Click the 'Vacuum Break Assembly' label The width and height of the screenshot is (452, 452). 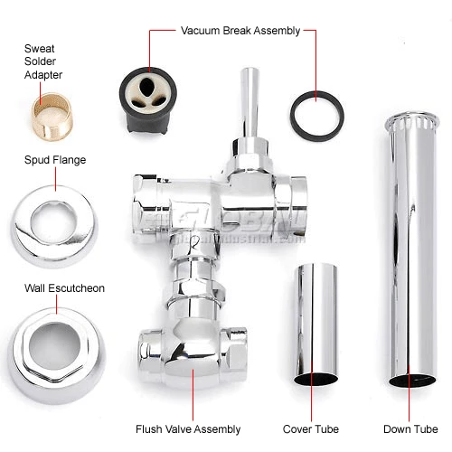(240, 31)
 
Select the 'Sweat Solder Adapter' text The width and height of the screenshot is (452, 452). (43, 61)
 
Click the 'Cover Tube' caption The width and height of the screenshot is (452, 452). (312, 428)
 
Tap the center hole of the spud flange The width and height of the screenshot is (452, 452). (47, 218)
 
